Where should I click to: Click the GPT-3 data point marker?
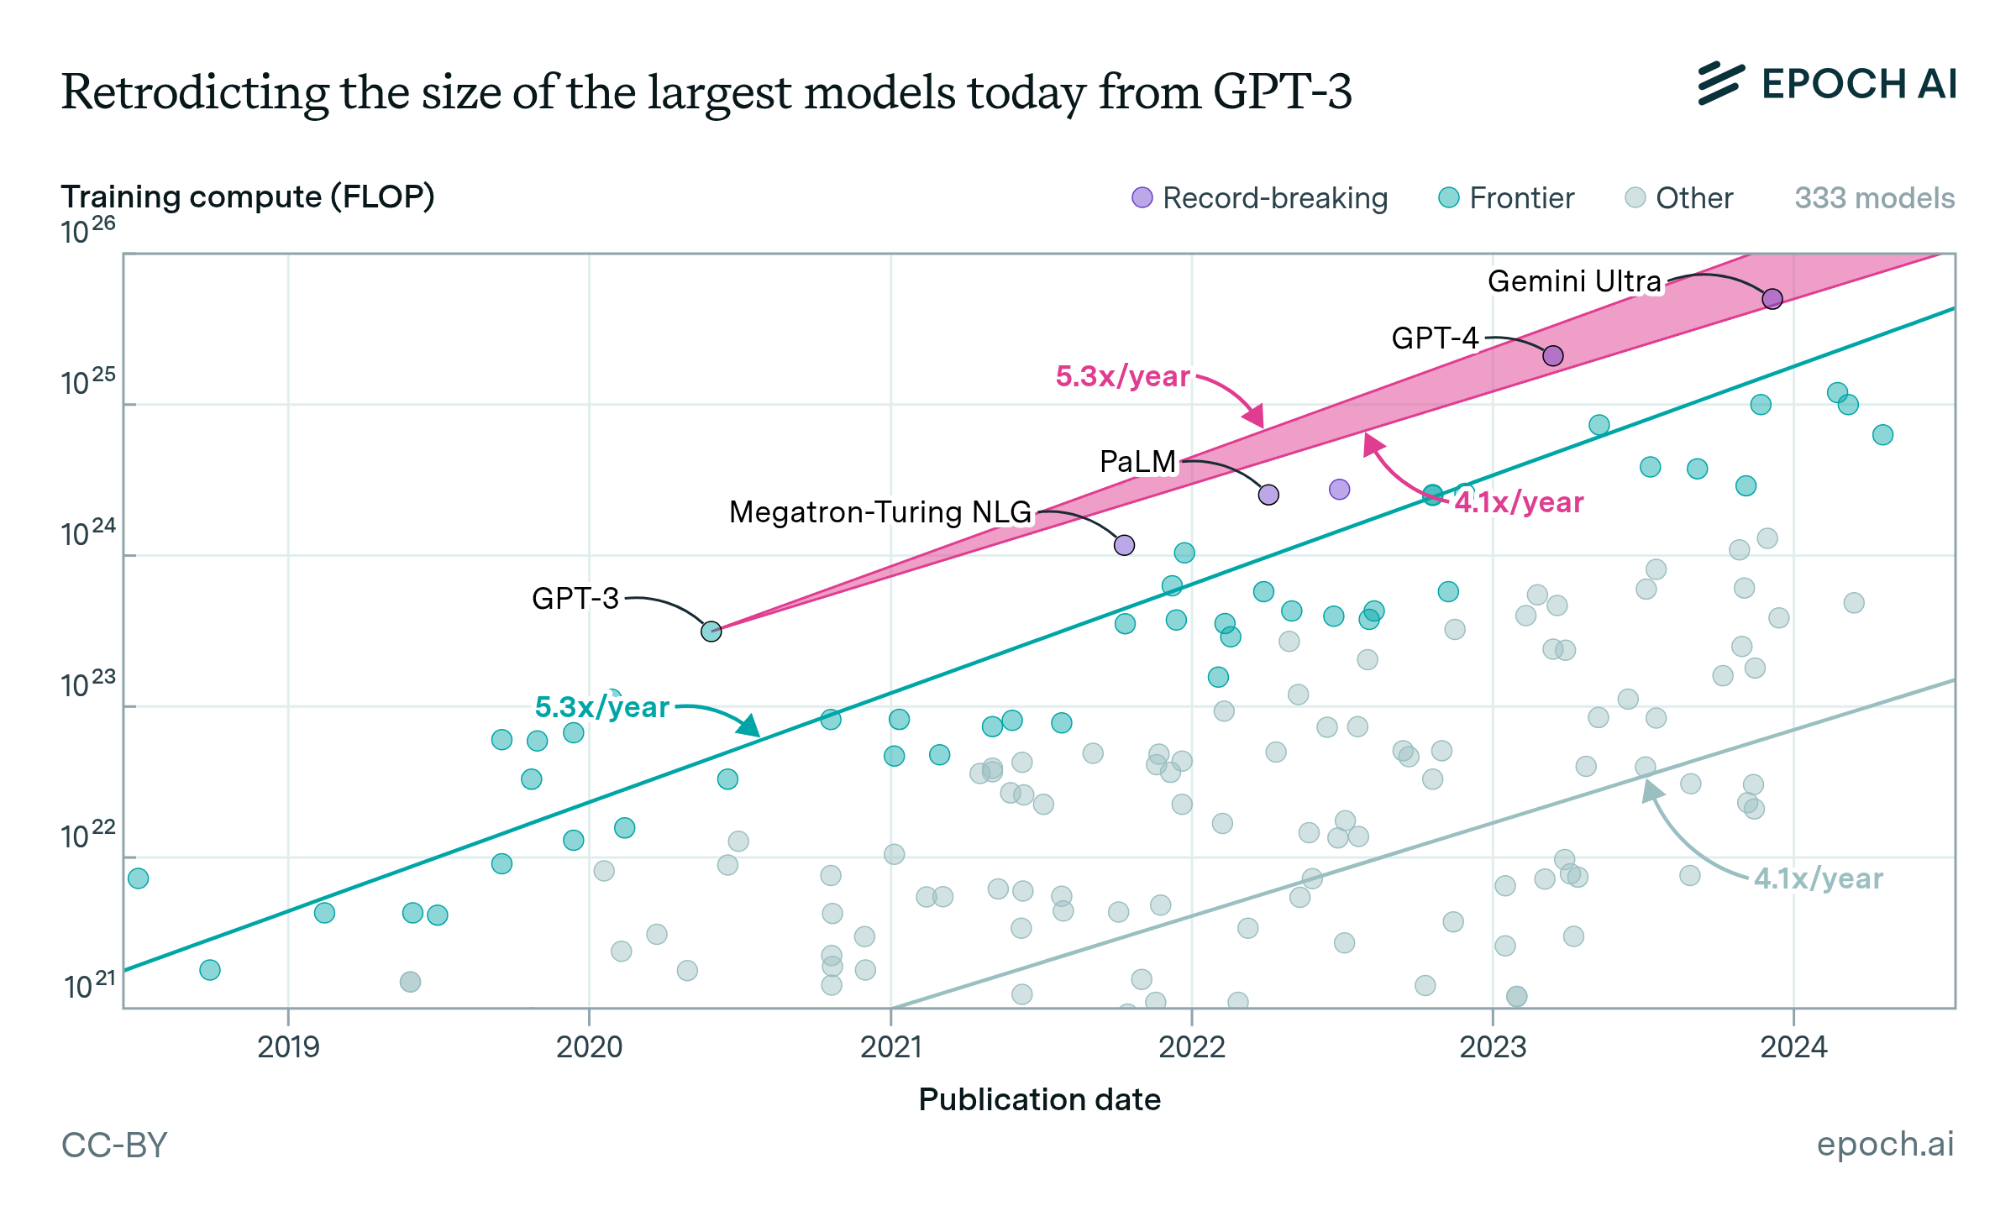pyautogui.click(x=711, y=631)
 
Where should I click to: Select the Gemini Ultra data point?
pyautogui.click(x=1772, y=299)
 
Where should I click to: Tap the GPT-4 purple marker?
pyautogui.click(x=1552, y=356)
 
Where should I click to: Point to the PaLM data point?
pyautogui.click(x=1268, y=495)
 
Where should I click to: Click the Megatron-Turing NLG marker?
pyautogui.click(x=1124, y=545)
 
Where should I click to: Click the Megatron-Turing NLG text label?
pyautogui.click(x=879, y=511)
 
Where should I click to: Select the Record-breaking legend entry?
pyautogui.click(x=1260, y=198)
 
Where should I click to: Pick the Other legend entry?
pyautogui.click(x=1679, y=198)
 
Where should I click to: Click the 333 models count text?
pyautogui.click(x=1874, y=198)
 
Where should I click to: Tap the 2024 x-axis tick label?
pyautogui.click(x=1793, y=1046)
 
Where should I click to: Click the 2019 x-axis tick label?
pyautogui.click(x=288, y=1046)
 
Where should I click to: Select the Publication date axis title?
pyautogui.click(x=1039, y=1099)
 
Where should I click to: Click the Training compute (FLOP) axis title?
pyautogui.click(x=248, y=197)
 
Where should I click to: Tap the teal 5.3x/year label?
pyautogui.click(x=601, y=707)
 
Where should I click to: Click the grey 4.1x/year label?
pyautogui.click(x=1818, y=878)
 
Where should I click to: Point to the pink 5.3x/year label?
pyautogui.click(x=1122, y=376)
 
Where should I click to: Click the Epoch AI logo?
pyautogui.click(x=1826, y=84)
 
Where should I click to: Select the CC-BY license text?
pyautogui.click(x=114, y=1145)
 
